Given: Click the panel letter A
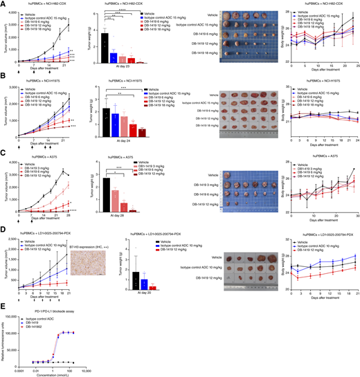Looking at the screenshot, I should [x=3, y=4].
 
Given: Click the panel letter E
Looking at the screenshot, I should [x=3, y=300].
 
